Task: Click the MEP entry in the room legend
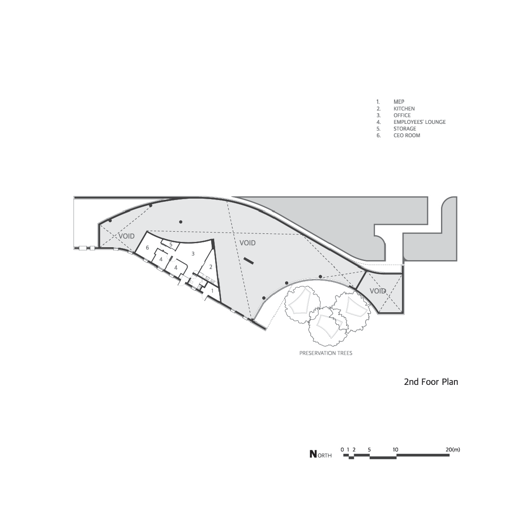coord(399,102)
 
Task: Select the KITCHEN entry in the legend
coord(404,109)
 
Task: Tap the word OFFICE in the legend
coord(402,115)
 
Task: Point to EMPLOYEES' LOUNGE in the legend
coord(419,122)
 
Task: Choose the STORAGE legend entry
coord(404,129)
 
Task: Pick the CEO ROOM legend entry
coord(406,135)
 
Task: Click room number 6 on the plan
coord(147,247)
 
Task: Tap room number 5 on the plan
coord(171,245)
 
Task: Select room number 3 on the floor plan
coord(193,253)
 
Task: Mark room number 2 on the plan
coord(211,267)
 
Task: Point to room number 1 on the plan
coord(212,290)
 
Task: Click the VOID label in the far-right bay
coord(378,291)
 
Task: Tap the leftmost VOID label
coord(126,236)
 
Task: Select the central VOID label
coord(248,243)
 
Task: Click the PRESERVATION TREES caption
coord(326,353)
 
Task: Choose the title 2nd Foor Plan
coord(431,382)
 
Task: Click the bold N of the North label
coord(314,454)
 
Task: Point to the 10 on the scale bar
coord(395,449)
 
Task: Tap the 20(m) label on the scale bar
coord(453,449)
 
